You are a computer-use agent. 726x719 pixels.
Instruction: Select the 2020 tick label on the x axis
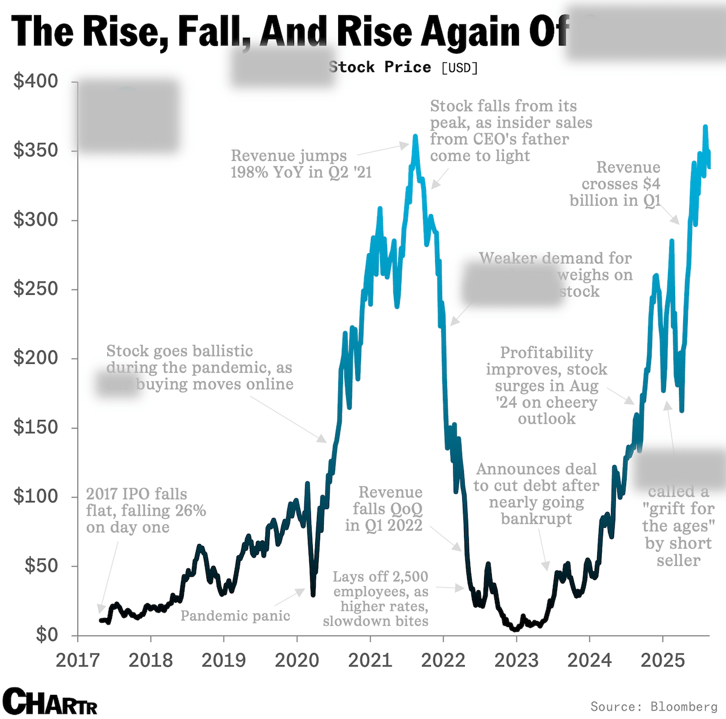point(296,660)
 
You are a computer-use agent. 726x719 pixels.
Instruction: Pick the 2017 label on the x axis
point(77,660)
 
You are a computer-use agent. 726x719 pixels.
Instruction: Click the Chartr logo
point(50,702)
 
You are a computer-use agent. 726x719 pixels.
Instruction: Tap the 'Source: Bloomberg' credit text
point(653,706)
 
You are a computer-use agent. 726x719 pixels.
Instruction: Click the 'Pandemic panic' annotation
point(235,616)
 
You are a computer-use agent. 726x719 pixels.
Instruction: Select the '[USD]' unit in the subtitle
point(460,67)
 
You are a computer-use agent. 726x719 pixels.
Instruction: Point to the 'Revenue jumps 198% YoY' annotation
point(301,164)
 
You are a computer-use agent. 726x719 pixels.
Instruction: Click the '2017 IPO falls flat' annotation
point(146,510)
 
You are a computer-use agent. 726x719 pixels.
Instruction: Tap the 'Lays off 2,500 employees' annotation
point(378,599)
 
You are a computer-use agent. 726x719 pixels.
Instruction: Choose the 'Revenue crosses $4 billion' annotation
point(615,183)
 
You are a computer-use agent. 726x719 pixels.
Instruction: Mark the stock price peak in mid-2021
point(415,137)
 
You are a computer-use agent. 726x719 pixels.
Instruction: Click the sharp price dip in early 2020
point(313,594)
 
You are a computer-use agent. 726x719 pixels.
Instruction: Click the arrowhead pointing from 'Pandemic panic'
point(302,589)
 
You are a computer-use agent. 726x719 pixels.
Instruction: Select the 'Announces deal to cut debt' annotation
point(536,493)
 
